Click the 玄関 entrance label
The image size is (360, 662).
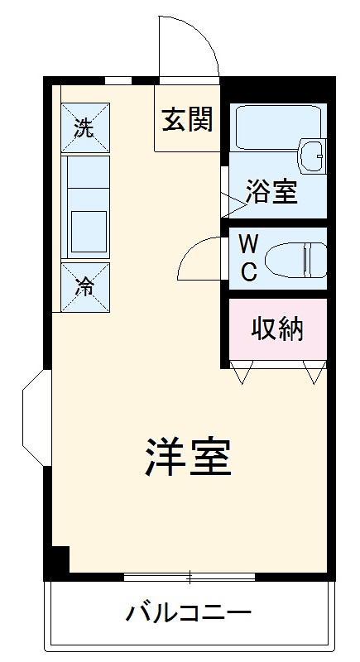tap(187, 121)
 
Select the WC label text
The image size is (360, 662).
tap(248, 257)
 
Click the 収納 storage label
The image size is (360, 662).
tap(277, 329)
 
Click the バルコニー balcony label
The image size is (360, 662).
tap(189, 614)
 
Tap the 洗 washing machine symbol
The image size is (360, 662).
tap(84, 127)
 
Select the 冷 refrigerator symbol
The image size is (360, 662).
tap(84, 287)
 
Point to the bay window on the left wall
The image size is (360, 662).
tap(35, 418)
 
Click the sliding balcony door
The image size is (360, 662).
tap(190, 576)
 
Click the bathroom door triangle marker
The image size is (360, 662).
tap(228, 201)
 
